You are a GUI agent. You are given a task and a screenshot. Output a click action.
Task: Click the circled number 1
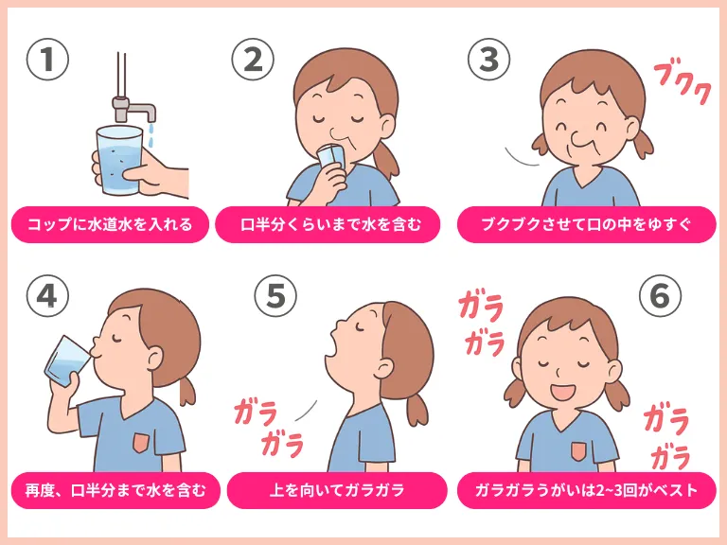tap(47, 60)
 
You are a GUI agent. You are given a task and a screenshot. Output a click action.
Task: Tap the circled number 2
tap(253, 60)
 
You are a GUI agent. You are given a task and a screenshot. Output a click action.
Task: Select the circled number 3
tap(489, 60)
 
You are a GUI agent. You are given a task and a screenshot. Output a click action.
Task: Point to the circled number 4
tap(47, 295)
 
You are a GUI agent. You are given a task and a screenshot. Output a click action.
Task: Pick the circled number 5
tap(275, 295)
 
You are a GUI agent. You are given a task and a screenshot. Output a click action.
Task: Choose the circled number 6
tap(660, 295)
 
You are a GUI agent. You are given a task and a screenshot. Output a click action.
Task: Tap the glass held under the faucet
tap(118, 160)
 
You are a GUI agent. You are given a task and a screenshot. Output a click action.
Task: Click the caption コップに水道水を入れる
tap(110, 225)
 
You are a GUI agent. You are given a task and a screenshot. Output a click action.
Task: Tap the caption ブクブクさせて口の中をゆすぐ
tap(586, 225)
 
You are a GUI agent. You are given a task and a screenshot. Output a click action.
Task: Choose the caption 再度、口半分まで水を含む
tap(115, 490)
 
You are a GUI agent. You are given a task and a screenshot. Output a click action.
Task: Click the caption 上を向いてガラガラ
tap(337, 490)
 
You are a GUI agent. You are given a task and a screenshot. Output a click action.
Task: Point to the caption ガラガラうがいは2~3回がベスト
tap(586, 490)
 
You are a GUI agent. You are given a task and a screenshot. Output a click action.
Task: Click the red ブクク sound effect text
tap(683, 84)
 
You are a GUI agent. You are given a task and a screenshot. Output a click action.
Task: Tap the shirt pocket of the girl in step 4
tap(141, 443)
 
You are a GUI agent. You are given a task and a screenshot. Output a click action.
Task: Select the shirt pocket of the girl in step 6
tap(577, 451)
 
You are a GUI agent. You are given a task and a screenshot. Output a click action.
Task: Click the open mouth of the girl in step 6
tap(562, 392)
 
